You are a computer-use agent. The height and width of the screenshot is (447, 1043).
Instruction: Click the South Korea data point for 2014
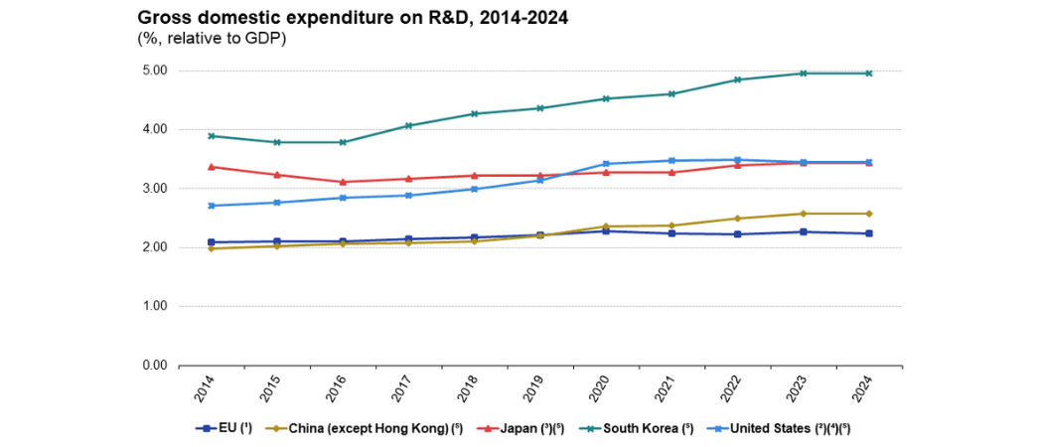coord(212,136)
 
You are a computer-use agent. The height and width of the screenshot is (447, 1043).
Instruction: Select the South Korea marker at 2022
coord(737,79)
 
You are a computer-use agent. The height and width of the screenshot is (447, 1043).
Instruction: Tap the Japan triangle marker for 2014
coord(212,167)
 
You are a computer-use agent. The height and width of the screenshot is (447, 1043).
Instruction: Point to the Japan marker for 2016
coord(343,182)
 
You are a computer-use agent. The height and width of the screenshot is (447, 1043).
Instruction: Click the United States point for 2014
coord(212,206)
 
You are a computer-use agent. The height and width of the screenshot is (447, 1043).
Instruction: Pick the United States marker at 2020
coord(606,164)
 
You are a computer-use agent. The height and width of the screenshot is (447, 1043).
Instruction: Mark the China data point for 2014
coord(212,248)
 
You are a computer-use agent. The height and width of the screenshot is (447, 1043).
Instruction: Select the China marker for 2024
coord(869,214)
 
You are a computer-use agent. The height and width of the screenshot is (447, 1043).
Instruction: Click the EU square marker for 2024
coord(869,233)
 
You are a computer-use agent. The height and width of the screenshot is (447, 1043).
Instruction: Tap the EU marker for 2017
coord(408,239)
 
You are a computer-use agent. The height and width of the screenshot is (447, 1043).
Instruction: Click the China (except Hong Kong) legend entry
coord(364,429)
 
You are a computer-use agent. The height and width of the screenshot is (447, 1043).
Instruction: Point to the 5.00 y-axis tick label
coord(154,71)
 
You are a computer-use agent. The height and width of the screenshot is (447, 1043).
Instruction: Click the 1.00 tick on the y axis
coord(154,306)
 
